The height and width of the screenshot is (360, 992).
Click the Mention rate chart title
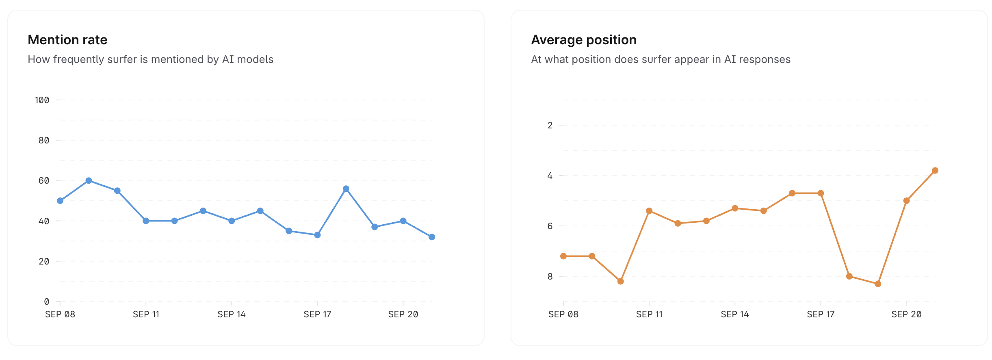(x=67, y=40)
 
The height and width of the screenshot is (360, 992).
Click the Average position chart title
(x=583, y=40)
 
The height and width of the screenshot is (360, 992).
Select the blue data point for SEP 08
(x=60, y=201)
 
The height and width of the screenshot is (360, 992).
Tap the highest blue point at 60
(x=89, y=180)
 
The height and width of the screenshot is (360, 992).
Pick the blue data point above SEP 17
(x=317, y=235)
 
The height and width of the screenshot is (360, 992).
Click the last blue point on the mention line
(x=432, y=237)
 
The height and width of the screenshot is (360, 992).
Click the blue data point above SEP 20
(x=403, y=221)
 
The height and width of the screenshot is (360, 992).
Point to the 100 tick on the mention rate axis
(x=42, y=100)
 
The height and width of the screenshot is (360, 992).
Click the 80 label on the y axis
(x=44, y=140)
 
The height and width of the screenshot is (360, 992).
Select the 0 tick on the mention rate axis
(x=46, y=301)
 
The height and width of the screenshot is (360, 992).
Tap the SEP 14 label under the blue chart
(x=232, y=314)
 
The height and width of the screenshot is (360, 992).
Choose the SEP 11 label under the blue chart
(x=146, y=314)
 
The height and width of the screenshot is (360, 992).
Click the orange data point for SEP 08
(x=563, y=256)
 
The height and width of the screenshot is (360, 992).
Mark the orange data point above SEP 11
(x=649, y=211)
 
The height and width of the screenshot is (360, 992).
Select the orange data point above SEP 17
(x=821, y=193)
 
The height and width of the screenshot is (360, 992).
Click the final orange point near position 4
(x=935, y=171)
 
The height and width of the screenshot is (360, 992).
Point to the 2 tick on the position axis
(x=550, y=125)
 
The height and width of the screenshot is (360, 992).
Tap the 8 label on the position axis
(x=550, y=276)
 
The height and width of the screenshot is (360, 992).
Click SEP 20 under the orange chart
(x=906, y=314)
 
